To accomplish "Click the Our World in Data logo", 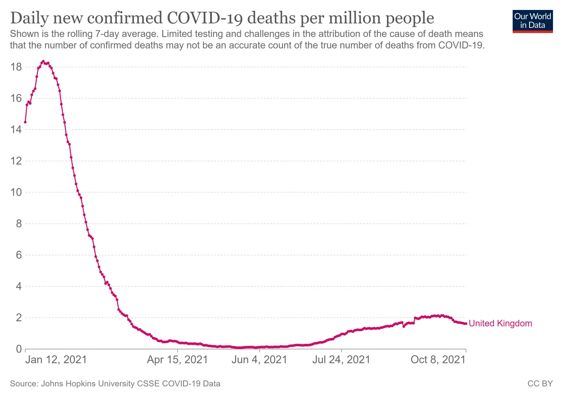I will (x=532, y=21).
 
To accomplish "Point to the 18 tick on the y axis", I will (x=16, y=67).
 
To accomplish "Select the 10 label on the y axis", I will (x=16, y=192).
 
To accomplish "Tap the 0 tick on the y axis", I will (x=19, y=349).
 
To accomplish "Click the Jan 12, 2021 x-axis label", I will (x=56, y=360).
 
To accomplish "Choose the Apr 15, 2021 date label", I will (x=177, y=360).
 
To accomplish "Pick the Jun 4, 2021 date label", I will (x=259, y=360).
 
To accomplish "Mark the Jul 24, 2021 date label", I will (x=341, y=360).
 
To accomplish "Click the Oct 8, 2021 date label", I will (x=438, y=360).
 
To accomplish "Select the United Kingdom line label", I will (x=500, y=323).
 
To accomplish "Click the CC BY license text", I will (x=540, y=384).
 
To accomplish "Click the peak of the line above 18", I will (x=43, y=61).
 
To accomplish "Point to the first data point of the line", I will (x=25, y=122).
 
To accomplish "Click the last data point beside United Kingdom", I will (x=466, y=324).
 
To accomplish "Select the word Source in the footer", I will (x=23, y=384).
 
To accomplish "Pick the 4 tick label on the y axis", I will (x=19, y=286).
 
